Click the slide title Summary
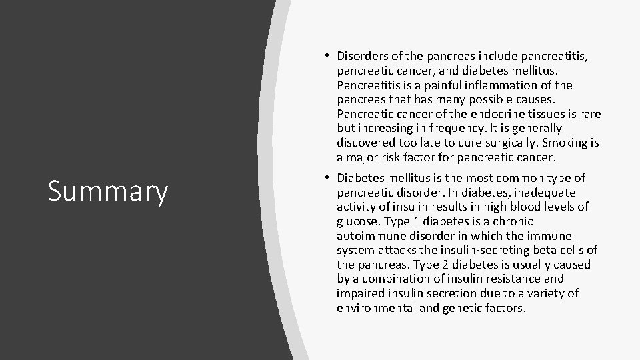coord(108,191)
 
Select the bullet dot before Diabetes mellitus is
coord(329,177)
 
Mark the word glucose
coord(357,221)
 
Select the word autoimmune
coord(369,236)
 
